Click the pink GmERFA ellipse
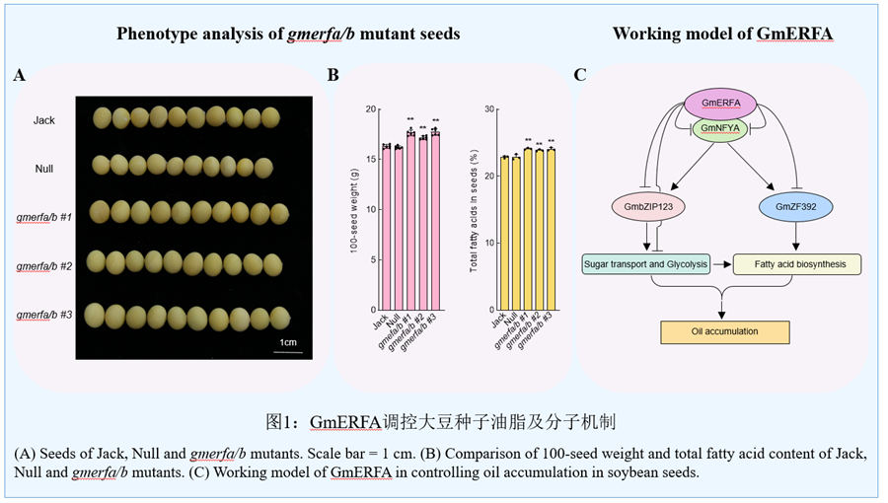click(x=720, y=103)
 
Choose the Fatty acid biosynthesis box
click(x=797, y=264)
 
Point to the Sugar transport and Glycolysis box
click(x=646, y=264)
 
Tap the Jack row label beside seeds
click(x=43, y=120)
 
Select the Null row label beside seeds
click(x=43, y=168)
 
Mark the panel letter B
click(x=333, y=75)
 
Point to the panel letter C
click(x=580, y=75)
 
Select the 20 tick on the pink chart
click(x=372, y=108)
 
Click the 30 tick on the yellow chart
click(x=488, y=108)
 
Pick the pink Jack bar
click(x=387, y=228)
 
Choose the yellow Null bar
click(x=516, y=233)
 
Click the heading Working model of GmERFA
click(x=722, y=34)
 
